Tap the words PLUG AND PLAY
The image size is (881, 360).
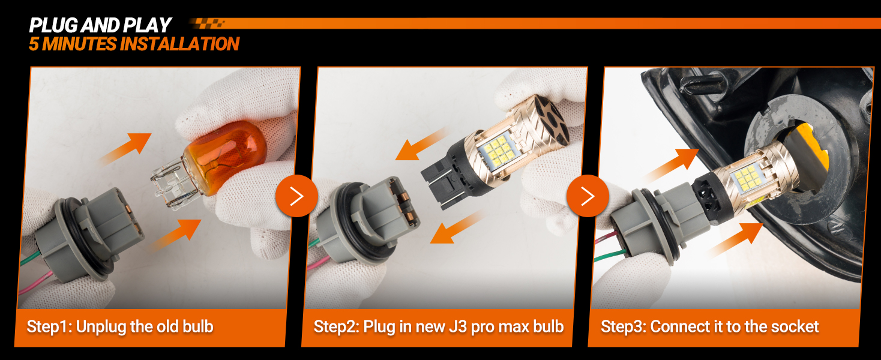coord(100,25)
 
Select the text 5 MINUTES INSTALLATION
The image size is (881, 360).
coord(134,44)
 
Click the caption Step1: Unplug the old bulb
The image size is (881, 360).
coord(120,326)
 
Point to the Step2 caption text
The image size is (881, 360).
coord(439,326)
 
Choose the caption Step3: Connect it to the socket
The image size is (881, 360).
coord(710,326)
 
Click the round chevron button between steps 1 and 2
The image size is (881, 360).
coord(296,196)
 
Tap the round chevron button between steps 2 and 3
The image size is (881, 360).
coord(588,196)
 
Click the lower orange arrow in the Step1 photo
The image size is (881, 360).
coord(175,235)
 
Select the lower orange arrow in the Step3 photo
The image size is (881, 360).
coord(736,239)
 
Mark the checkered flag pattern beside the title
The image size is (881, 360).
coord(207,23)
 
